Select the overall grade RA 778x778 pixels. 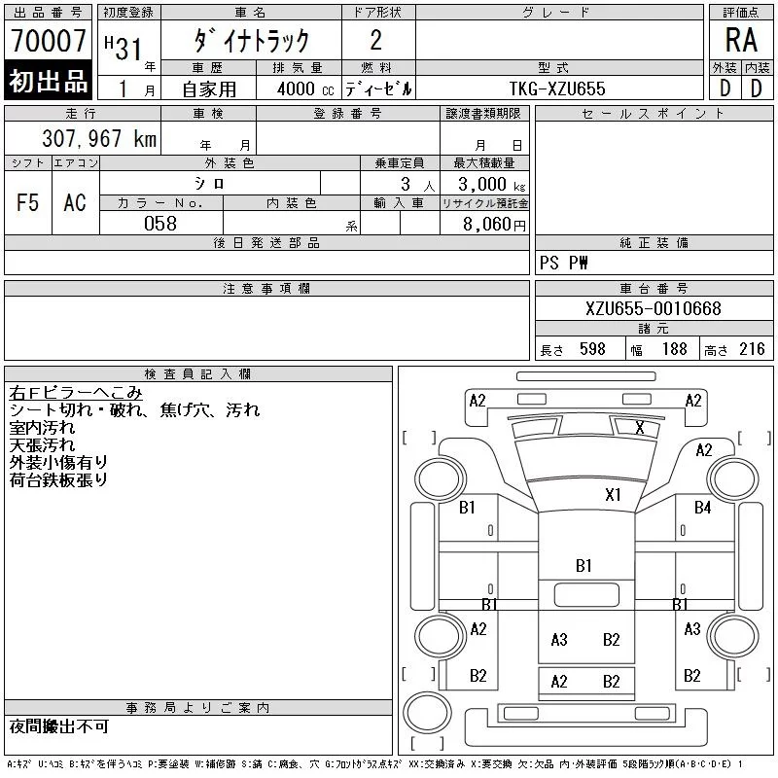point(741,42)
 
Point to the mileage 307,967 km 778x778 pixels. point(98,139)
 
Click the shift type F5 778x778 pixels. point(27,202)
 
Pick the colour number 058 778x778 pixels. point(160,224)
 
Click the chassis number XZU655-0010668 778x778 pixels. point(654,309)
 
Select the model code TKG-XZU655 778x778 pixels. point(557,88)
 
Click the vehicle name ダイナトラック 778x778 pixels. point(251,41)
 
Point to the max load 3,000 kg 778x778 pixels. point(483,184)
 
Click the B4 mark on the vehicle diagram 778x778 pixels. point(702,507)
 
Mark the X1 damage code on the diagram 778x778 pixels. point(613,494)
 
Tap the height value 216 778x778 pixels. point(752,349)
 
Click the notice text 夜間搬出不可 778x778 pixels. point(59,726)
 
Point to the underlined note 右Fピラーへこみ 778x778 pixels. point(76,394)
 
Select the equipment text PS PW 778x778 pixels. point(564,264)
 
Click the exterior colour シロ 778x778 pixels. point(209,184)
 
